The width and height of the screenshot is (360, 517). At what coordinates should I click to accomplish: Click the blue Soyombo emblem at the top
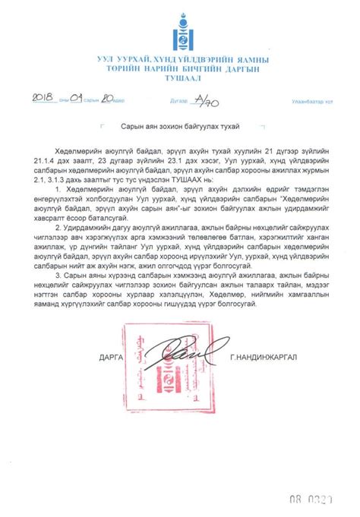pyautogui.click(x=179, y=31)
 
